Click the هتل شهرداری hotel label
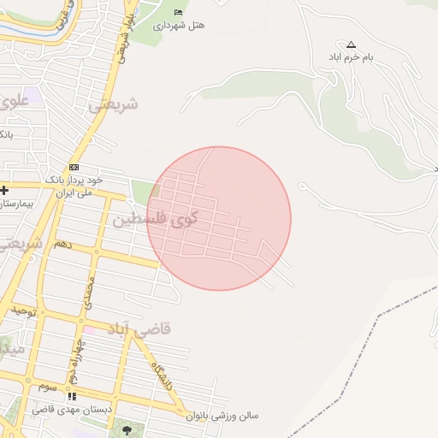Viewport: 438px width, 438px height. pos(179,26)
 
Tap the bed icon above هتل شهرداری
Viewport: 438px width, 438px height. pos(178,11)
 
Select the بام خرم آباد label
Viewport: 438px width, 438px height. pos(351,58)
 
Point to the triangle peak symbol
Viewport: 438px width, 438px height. pos(351,44)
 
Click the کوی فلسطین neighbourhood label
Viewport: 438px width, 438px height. pos(154,218)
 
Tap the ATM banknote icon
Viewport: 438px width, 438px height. pos(74,167)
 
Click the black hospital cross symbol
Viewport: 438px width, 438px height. pos(4,190)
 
